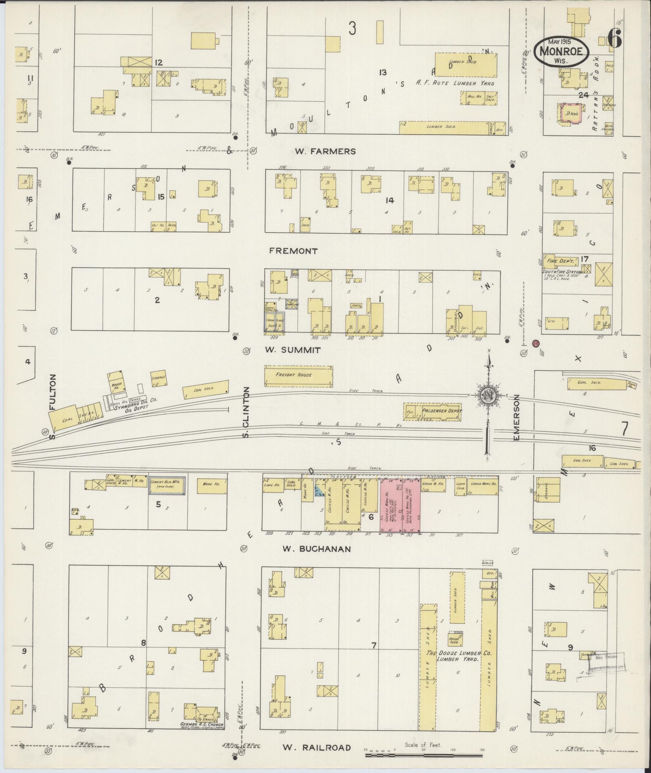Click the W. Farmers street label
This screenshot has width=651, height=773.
tap(325, 152)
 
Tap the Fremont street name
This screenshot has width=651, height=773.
tap(293, 251)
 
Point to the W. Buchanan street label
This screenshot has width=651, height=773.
tap(316, 549)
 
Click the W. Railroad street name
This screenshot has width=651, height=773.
tap(316, 748)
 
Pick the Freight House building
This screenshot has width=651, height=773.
tap(299, 375)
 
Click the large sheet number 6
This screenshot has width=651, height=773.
tap(615, 40)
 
